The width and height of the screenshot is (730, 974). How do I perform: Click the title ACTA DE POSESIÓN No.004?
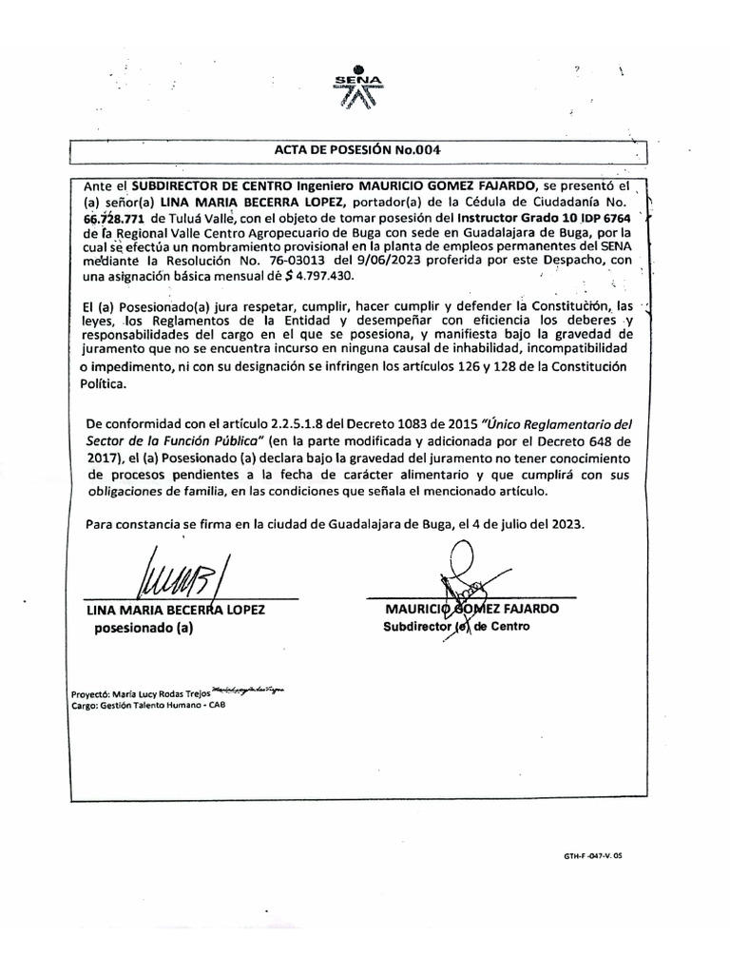(x=357, y=150)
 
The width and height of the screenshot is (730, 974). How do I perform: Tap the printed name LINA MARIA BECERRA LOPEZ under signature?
(x=176, y=609)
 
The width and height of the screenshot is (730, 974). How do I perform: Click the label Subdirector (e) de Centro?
(x=455, y=627)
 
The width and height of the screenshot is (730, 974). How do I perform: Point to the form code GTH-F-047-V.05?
(x=592, y=855)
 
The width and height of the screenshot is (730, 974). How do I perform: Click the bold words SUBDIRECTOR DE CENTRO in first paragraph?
(x=206, y=185)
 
